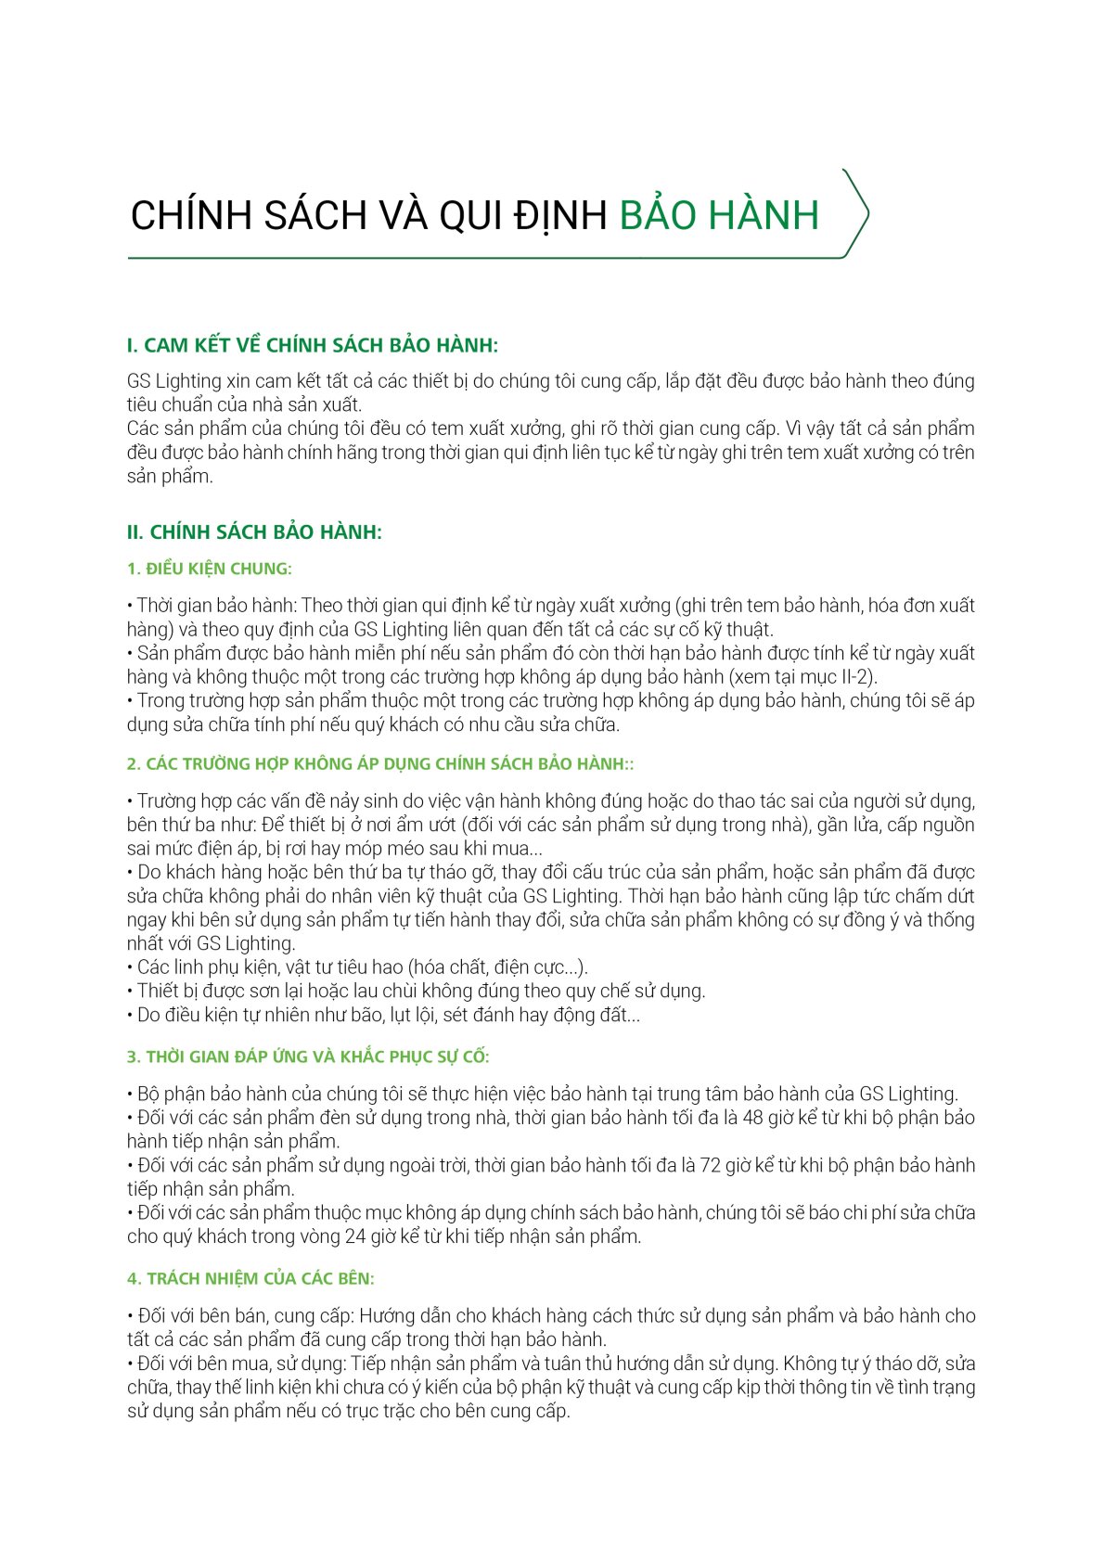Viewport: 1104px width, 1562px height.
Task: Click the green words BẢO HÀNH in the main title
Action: point(719,215)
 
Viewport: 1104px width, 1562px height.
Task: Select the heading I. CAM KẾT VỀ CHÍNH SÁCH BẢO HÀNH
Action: point(312,345)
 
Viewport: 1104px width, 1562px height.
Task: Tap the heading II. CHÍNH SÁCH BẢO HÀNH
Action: point(254,532)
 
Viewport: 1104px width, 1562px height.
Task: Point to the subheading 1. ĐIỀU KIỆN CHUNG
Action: point(210,569)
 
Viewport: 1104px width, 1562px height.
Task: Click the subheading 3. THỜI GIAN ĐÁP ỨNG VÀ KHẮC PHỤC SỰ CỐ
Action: point(308,1056)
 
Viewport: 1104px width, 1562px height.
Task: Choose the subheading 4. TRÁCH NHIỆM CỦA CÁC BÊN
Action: point(250,1278)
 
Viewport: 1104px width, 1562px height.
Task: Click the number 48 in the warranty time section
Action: point(753,1118)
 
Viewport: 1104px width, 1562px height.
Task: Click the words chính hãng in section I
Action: point(319,453)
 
